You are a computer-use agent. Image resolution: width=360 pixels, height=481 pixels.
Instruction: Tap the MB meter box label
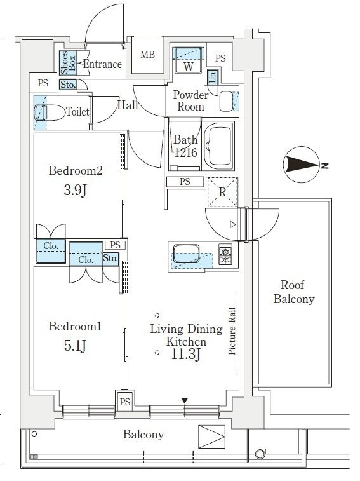click(147, 55)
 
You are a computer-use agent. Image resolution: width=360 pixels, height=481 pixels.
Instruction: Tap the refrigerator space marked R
click(222, 190)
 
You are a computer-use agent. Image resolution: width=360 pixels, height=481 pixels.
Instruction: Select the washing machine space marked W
click(189, 65)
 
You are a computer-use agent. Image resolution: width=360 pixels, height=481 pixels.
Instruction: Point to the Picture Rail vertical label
click(233, 331)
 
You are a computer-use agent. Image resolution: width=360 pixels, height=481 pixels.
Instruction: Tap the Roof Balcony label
click(293, 293)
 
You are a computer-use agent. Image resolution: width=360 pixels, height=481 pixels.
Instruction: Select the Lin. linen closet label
click(213, 76)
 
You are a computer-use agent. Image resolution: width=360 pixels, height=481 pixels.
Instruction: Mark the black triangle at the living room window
click(184, 400)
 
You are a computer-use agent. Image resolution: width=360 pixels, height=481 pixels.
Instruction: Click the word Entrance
click(102, 64)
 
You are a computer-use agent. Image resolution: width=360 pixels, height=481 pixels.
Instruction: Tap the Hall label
click(128, 105)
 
